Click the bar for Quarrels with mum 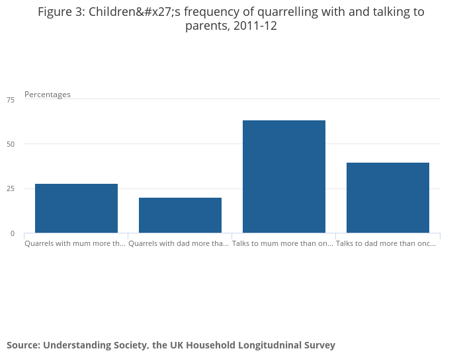pyautogui.click(x=76, y=208)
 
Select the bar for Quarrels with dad pyautogui.click(x=180, y=215)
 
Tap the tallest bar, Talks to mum pyautogui.click(x=284, y=177)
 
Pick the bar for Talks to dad pyautogui.click(x=388, y=198)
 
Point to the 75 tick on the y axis pyautogui.click(x=10, y=100)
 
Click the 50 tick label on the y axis pyautogui.click(x=10, y=144)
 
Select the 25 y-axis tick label pyautogui.click(x=10, y=189)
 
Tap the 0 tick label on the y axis pyautogui.click(x=12, y=233)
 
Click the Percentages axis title pyautogui.click(x=48, y=95)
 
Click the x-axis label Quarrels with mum pyautogui.click(x=75, y=243)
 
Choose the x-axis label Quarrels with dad pyautogui.click(x=179, y=243)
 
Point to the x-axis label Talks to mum pyautogui.click(x=282, y=243)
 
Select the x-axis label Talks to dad pyautogui.click(x=386, y=243)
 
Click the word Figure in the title pyautogui.click(x=55, y=12)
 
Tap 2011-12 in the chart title pyautogui.click(x=255, y=26)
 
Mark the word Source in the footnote pyautogui.click(x=22, y=345)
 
